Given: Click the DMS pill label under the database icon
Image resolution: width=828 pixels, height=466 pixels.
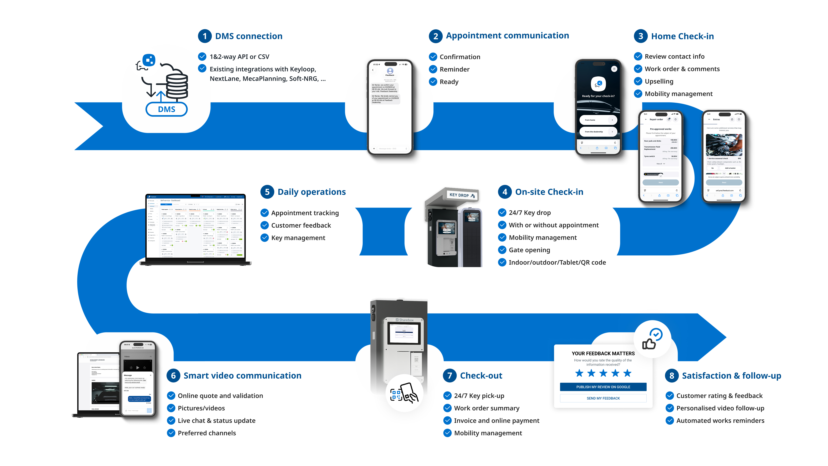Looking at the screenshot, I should [166, 109].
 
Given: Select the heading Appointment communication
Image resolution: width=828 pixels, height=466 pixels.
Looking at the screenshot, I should [507, 36].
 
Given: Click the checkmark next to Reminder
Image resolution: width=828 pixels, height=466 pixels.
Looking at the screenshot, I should [433, 69].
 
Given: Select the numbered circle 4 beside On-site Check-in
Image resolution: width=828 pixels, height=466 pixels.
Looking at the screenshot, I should [505, 192].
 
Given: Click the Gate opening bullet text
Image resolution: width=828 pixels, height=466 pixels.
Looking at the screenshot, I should [529, 250].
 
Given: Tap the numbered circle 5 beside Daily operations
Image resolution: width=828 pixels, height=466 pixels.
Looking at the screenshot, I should [267, 192].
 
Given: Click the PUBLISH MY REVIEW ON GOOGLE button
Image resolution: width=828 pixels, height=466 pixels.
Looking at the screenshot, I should [603, 387].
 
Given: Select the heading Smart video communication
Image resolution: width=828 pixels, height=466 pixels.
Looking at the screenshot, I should [242, 376].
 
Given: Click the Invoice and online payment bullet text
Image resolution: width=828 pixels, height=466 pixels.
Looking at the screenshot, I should [496, 421].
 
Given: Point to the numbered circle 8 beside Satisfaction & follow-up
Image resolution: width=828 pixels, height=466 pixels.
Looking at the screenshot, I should [671, 376].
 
